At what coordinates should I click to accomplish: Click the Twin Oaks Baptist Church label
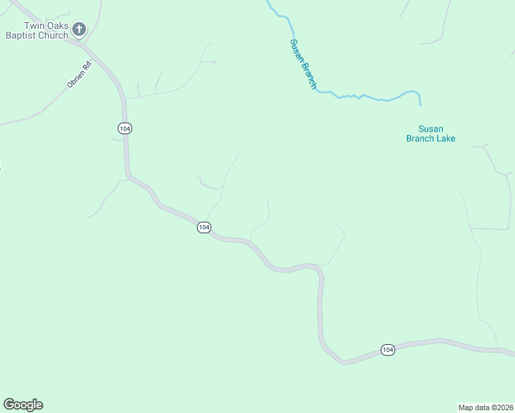(x=37, y=30)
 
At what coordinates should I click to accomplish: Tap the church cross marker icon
(x=79, y=30)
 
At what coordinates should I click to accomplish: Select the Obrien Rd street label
(x=79, y=75)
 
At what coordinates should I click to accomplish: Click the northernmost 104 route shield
(x=125, y=129)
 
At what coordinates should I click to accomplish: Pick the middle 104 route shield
(x=204, y=227)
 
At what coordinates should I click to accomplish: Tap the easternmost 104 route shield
(x=388, y=350)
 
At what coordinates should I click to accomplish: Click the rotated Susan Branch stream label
(x=303, y=64)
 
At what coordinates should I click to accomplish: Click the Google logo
(x=23, y=405)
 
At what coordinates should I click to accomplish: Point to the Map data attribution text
(x=485, y=407)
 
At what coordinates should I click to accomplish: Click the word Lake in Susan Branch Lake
(x=445, y=138)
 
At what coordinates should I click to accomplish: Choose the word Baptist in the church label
(x=22, y=35)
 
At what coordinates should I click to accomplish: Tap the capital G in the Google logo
(x=8, y=405)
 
